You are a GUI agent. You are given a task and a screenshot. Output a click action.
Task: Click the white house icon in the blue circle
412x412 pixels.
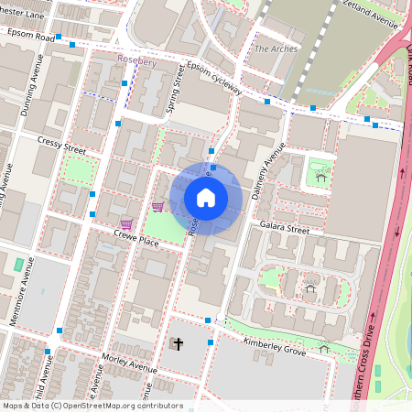point(206,198)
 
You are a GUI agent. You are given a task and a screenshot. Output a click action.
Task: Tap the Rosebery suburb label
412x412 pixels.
point(138,60)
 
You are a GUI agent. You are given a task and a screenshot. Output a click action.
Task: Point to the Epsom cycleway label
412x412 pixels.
point(214,79)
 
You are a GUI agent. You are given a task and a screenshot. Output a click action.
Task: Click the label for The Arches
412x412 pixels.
point(276,49)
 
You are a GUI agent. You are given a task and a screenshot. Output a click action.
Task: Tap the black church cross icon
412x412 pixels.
point(178,345)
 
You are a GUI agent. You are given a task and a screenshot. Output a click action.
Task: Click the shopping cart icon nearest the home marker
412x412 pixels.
point(157,206)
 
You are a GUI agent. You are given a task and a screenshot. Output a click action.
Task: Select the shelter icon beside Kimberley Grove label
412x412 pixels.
point(323,347)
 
